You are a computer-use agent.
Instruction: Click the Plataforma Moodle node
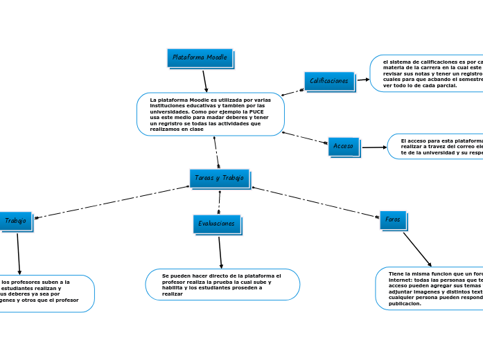click(200, 57)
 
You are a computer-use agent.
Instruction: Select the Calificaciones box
click(329, 81)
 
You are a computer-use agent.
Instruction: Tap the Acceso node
click(343, 146)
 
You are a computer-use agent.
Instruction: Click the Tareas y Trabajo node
click(219, 178)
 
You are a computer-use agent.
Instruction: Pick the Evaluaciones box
click(216, 224)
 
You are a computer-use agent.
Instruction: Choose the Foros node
click(392, 219)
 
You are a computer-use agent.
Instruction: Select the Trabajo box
click(15, 221)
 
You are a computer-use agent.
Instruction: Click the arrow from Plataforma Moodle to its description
click(205, 80)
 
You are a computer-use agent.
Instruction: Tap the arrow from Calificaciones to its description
click(362, 80)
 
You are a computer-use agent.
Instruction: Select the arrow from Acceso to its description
click(374, 147)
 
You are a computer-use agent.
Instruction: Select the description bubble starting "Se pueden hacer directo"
click(222, 285)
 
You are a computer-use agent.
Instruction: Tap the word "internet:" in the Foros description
click(403, 280)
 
